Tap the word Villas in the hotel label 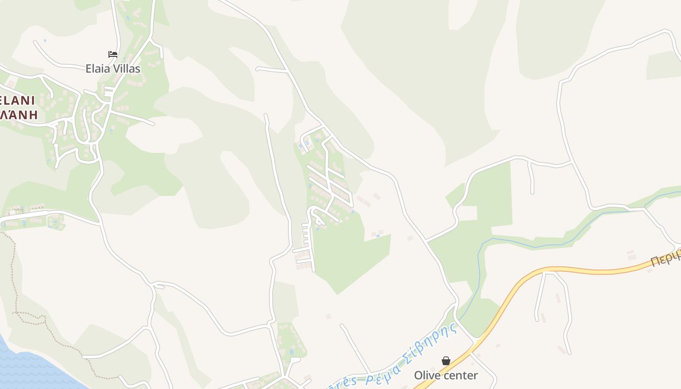tap(126, 69)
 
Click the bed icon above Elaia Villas tap(113, 54)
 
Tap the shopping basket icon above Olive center tap(446, 361)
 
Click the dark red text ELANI tap(17, 101)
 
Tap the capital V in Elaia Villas tap(116, 69)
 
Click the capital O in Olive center tap(418, 375)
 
